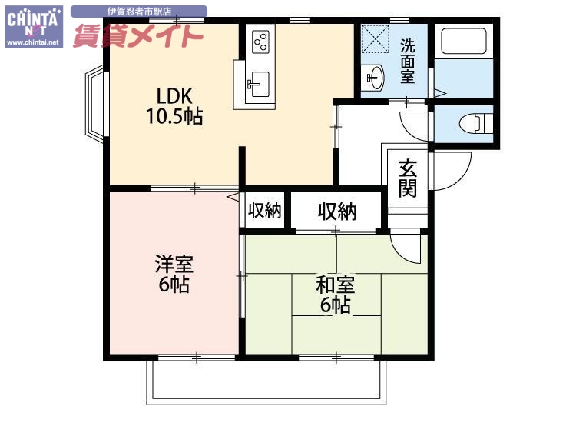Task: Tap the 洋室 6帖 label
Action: pyautogui.click(x=174, y=275)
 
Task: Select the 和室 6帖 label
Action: pyautogui.click(x=336, y=294)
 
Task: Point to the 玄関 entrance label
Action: pyautogui.click(x=408, y=178)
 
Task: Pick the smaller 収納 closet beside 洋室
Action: pyautogui.click(x=265, y=211)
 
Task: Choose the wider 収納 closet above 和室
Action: pyautogui.click(x=336, y=211)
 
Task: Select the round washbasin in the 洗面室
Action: pyautogui.click(x=375, y=77)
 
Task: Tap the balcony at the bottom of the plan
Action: pyautogui.click(x=265, y=381)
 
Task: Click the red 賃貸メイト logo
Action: pyautogui.click(x=138, y=35)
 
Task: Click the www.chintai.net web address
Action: pyautogui.click(x=33, y=43)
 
